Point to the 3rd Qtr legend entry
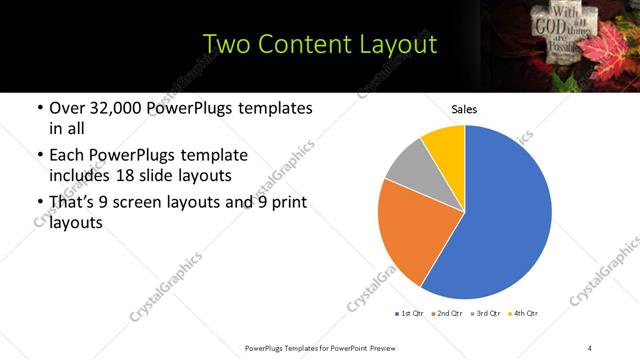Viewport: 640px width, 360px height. tap(487, 314)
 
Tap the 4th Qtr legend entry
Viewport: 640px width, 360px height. tap(524, 314)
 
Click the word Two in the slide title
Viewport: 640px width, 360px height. tap(227, 44)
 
